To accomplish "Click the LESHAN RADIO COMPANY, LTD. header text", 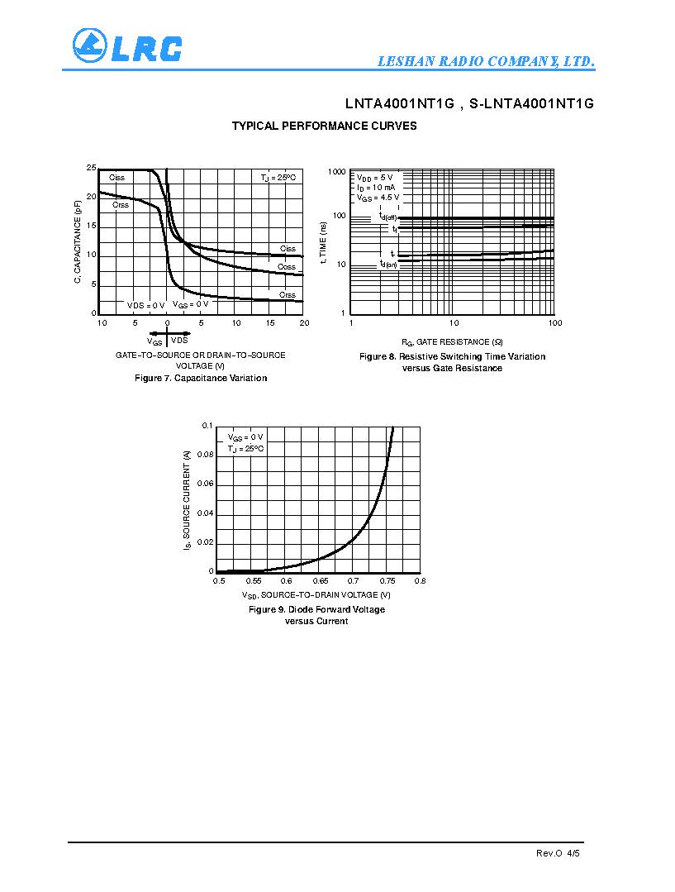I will pyautogui.click(x=486, y=62).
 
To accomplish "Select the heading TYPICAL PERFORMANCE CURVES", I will pyautogui.click(x=324, y=126).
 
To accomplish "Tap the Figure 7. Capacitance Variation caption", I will pyautogui.click(x=201, y=378).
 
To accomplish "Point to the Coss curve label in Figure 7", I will pyautogui.click(x=287, y=267).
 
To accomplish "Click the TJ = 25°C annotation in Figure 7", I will pyautogui.click(x=278, y=178).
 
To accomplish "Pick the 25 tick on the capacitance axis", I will pyautogui.click(x=92, y=168).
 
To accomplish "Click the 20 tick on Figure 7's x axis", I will pyautogui.click(x=303, y=322).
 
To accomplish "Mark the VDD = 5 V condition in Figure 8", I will pyautogui.click(x=375, y=178).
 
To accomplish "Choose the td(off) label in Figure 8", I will pyautogui.click(x=387, y=216).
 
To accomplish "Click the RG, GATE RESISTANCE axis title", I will pyautogui.click(x=452, y=341).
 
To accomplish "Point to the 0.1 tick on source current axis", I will pyautogui.click(x=207, y=425).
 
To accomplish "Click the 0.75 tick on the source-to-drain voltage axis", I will pyautogui.click(x=387, y=581).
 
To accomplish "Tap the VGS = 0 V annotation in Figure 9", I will pyautogui.click(x=245, y=436).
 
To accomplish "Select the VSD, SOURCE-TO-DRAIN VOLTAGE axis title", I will pyautogui.click(x=316, y=595).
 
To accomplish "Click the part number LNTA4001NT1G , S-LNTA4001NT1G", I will pyautogui.click(x=469, y=104).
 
